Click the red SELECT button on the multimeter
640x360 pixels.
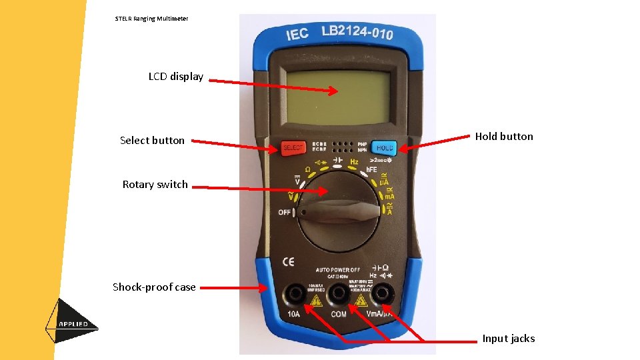click(x=293, y=147)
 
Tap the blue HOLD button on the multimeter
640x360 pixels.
click(x=385, y=147)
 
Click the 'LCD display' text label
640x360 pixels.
click(x=176, y=77)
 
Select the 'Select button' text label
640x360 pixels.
click(x=152, y=141)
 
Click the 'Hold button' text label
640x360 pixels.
click(x=504, y=137)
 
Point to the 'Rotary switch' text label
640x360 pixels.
click(x=155, y=185)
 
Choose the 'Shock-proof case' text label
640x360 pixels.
click(x=154, y=287)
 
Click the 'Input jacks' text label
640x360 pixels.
click(x=509, y=339)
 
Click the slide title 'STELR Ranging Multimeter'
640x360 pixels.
click(x=151, y=19)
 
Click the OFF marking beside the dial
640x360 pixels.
click(x=285, y=213)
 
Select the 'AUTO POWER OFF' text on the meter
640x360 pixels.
click(x=338, y=270)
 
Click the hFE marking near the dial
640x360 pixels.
click(x=371, y=170)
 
